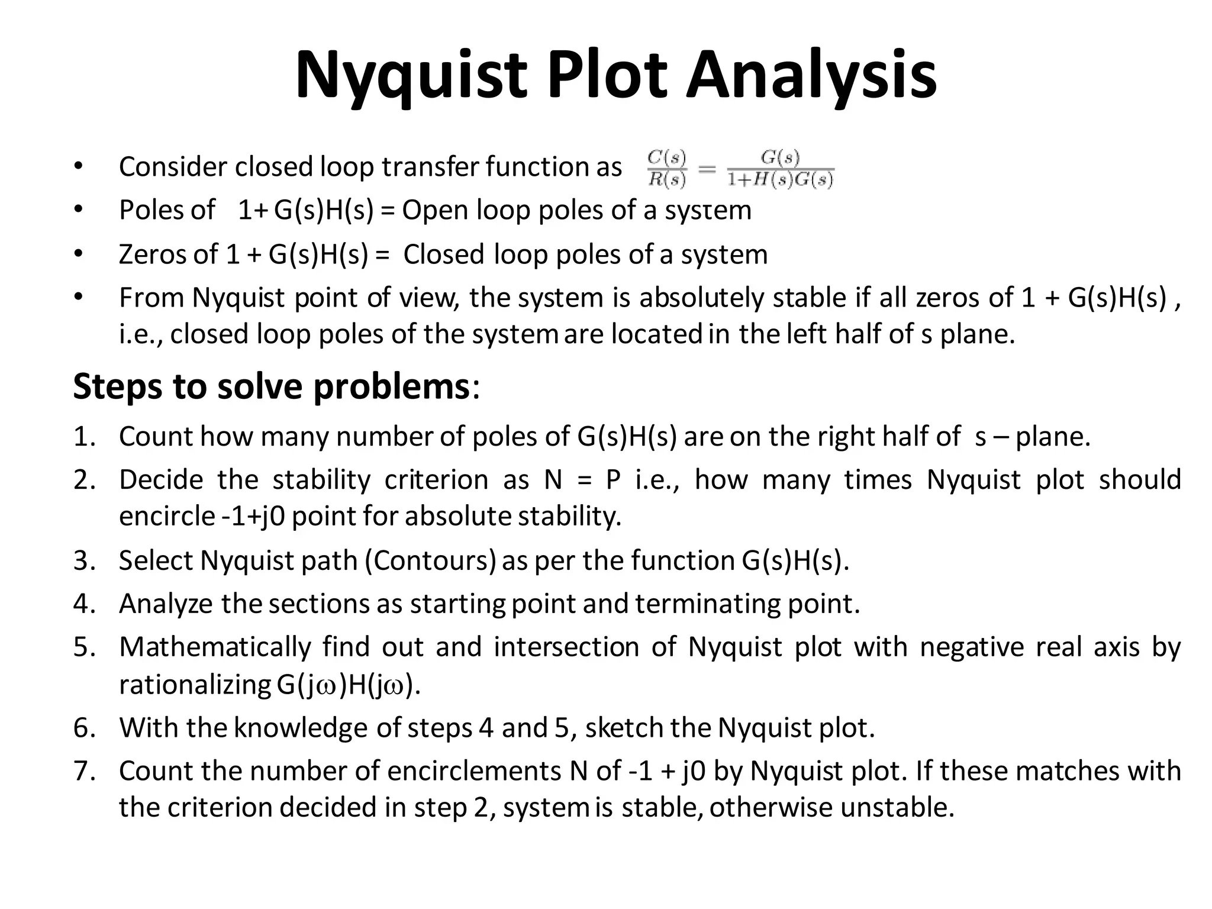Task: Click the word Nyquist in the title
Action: click(x=411, y=76)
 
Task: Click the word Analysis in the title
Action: click(x=811, y=76)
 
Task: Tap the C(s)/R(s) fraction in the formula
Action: click(x=667, y=169)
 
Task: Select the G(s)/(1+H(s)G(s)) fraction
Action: click(x=781, y=169)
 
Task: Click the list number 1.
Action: click(x=85, y=437)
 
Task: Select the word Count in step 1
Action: click(x=156, y=437)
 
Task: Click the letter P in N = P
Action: click(x=613, y=479)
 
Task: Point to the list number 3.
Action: click(x=85, y=560)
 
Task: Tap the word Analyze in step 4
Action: click(x=166, y=604)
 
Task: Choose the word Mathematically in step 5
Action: click(x=215, y=647)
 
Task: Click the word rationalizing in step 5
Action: click(x=195, y=685)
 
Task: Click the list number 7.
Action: click(x=85, y=771)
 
